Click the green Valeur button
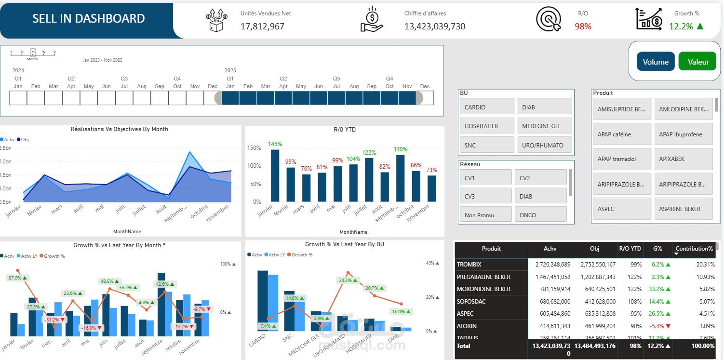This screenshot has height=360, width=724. (x=697, y=62)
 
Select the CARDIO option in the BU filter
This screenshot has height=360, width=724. (x=487, y=107)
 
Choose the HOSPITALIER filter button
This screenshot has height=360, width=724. (x=487, y=126)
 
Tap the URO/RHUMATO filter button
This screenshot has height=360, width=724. (x=544, y=145)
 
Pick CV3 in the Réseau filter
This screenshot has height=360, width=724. (x=485, y=196)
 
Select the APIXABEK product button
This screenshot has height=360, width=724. (x=683, y=159)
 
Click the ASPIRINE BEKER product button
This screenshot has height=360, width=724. (x=683, y=209)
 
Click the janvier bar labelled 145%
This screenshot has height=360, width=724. (x=275, y=175)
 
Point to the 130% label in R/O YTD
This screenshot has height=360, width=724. (x=401, y=149)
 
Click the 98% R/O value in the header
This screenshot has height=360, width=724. (x=583, y=27)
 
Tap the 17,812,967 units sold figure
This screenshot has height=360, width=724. (x=262, y=27)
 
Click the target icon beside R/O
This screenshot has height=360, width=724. (x=549, y=20)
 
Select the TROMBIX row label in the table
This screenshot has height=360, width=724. (x=469, y=265)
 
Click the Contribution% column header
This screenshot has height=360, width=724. (x=694, y=249)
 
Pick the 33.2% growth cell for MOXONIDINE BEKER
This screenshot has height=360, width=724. (x=657, y=289)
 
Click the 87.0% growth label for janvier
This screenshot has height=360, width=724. (x=18, y=278)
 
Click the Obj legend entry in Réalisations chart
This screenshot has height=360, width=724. (x=23, y=139)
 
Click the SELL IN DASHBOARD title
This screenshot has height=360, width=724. (x=88, y=19)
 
